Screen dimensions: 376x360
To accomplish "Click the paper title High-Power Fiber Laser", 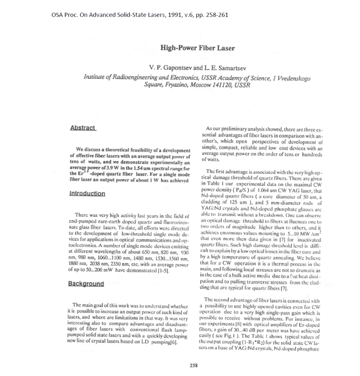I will (x=197, y=48).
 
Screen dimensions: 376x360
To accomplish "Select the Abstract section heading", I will (x=83, y=127).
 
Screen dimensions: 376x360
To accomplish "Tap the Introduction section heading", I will (x=87, y=194).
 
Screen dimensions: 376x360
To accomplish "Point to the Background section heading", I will (x=86, y=284).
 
